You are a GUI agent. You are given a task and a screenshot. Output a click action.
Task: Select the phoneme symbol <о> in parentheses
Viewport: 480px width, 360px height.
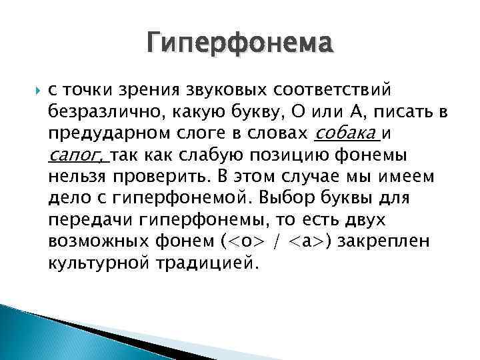248,241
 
